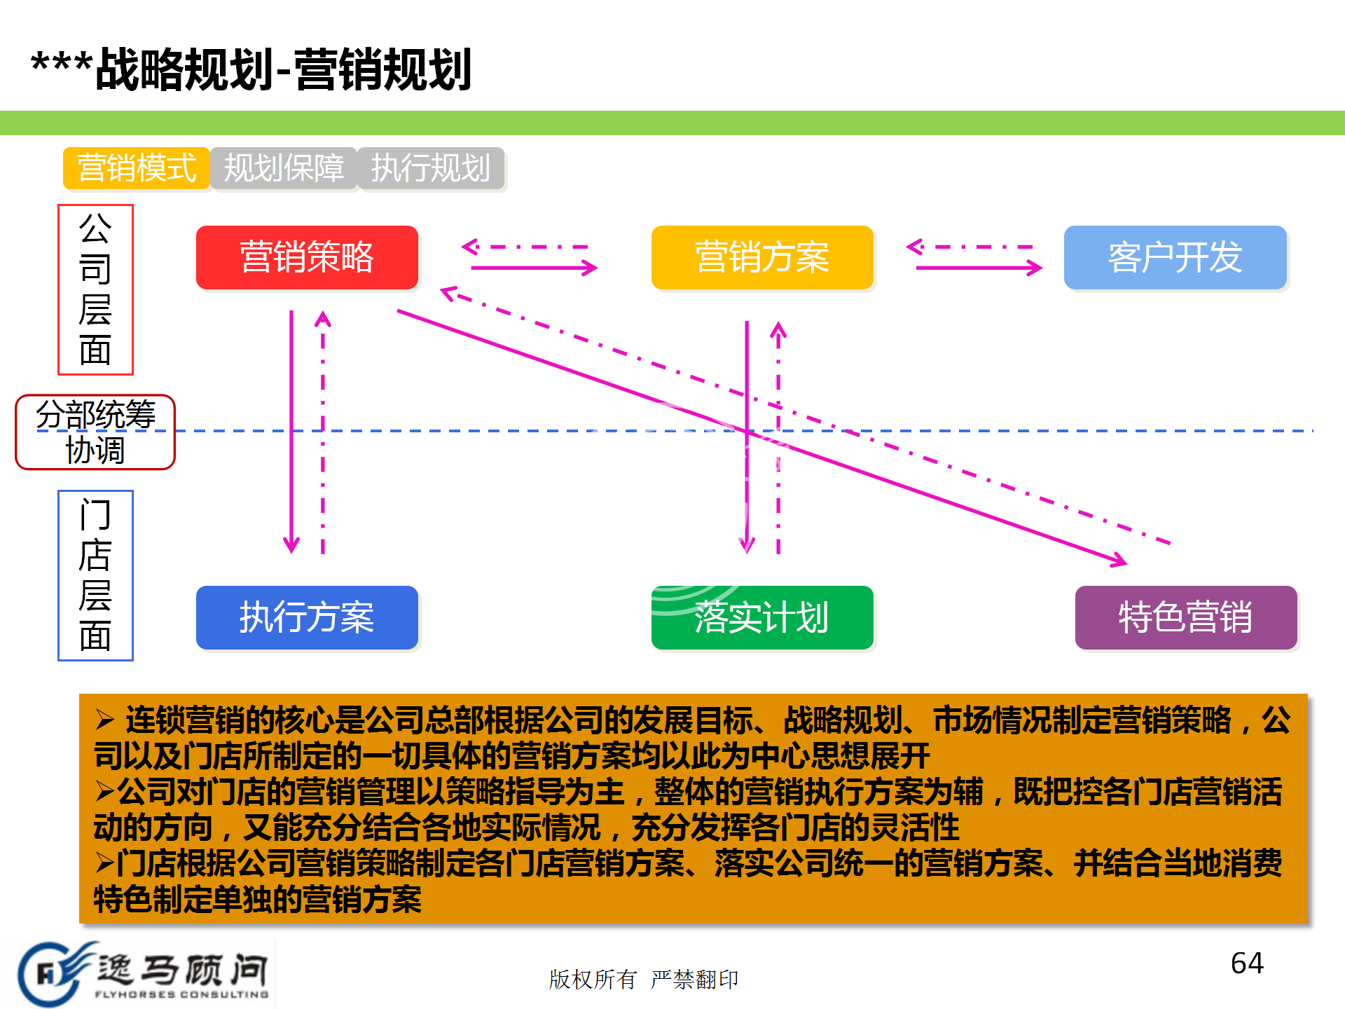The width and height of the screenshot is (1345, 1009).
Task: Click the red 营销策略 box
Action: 307,257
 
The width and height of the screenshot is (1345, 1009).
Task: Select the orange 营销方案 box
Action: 762,257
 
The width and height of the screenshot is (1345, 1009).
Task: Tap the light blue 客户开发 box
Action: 1175,257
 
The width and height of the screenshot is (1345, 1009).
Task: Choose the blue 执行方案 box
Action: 307,617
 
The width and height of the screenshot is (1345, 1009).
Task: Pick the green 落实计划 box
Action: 762,617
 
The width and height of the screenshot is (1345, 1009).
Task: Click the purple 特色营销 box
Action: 1186,617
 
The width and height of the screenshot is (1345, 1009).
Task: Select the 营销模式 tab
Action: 137,168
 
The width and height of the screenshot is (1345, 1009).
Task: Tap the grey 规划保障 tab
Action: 284,168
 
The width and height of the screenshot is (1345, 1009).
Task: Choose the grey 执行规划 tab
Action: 431,168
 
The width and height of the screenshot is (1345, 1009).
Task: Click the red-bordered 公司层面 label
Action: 95,289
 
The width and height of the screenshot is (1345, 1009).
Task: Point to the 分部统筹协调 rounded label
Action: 95,432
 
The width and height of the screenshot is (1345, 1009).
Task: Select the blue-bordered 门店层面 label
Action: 95,575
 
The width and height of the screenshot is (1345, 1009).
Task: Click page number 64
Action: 1247,963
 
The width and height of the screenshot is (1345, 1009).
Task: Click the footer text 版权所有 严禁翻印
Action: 643,980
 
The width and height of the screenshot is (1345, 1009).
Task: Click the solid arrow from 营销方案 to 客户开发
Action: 979,268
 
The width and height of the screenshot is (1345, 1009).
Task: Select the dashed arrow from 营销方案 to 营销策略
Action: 525,247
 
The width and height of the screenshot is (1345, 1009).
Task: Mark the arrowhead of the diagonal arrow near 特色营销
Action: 1119,559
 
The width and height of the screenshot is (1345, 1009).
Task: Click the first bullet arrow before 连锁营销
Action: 105,720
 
